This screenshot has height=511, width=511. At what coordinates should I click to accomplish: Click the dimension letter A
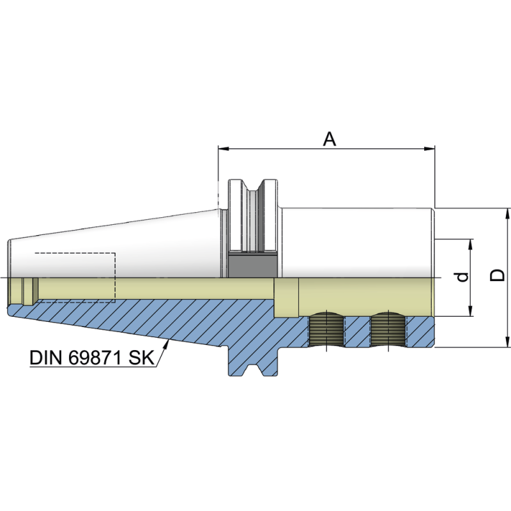329,139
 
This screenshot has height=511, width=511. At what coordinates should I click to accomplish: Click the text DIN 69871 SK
92,357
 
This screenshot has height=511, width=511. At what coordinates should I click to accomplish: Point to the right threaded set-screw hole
388,330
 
